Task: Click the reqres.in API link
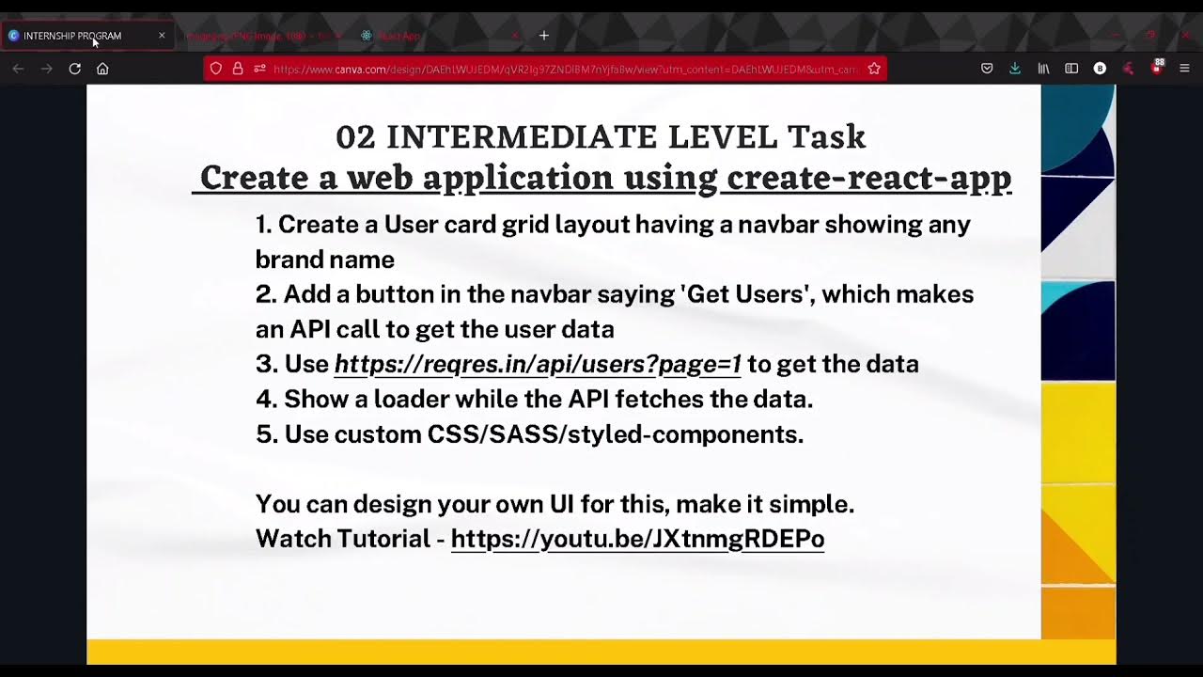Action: (538, 364)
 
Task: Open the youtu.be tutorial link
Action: (637, 539)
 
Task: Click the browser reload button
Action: (75, 69)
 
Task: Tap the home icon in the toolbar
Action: (102, 69)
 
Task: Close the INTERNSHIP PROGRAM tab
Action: (162, 36)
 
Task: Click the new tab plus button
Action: (543, 36)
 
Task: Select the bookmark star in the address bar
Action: (874, 69)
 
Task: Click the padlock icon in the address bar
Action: (238, 69)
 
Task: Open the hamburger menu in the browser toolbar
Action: (1184, 69)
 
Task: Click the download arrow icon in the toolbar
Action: (1015, 69)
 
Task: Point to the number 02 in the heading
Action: (355, 137)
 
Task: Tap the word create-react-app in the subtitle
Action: (868, 178)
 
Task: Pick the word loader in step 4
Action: (410, 400)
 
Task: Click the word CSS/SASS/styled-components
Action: (615, 434)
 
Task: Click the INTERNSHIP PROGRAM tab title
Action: (72, 36)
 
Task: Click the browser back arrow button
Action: (18, 69)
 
